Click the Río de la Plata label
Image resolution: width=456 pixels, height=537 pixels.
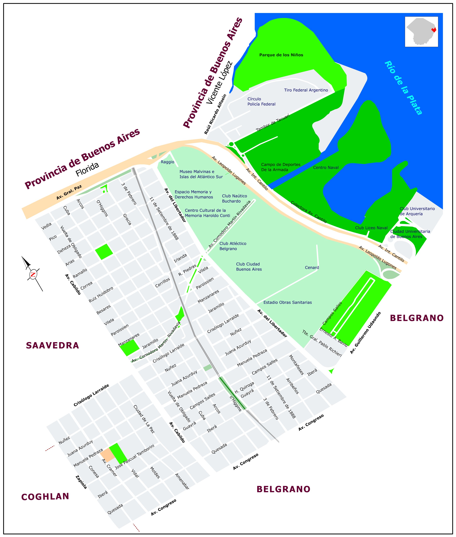click(403, 88)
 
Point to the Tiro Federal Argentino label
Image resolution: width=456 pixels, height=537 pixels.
click(306, 90)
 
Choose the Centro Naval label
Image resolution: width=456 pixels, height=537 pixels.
click(326, 168)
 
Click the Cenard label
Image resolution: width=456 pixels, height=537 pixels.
click(312, 267)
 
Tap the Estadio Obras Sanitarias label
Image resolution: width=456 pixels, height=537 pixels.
click(287, 302)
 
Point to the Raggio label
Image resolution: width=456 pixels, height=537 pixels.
click(167, 162)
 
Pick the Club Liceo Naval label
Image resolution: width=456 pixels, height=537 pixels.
click(371, 228)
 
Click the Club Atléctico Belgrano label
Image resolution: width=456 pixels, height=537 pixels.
click(233, 246)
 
